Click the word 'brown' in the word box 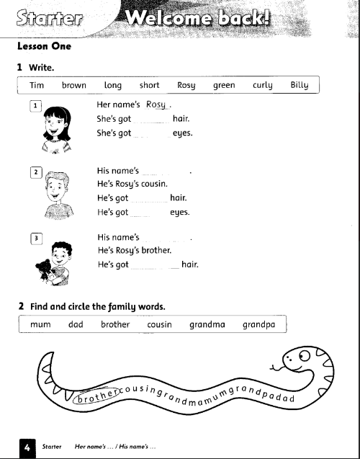(x=74, y=85)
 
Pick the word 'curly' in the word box (x=263, y=85)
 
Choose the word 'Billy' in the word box (x=300, y=85)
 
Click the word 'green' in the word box (x=224, y=85)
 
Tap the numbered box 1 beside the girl (x=35, y=106)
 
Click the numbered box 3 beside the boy (x=35, y=238)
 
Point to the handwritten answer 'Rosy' (x=156, y=104)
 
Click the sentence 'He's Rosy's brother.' (x=135, y=251)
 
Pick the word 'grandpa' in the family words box (x=259, y=324)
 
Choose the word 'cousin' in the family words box (x=159, y=324)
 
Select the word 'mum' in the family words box (x=40, y=324)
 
